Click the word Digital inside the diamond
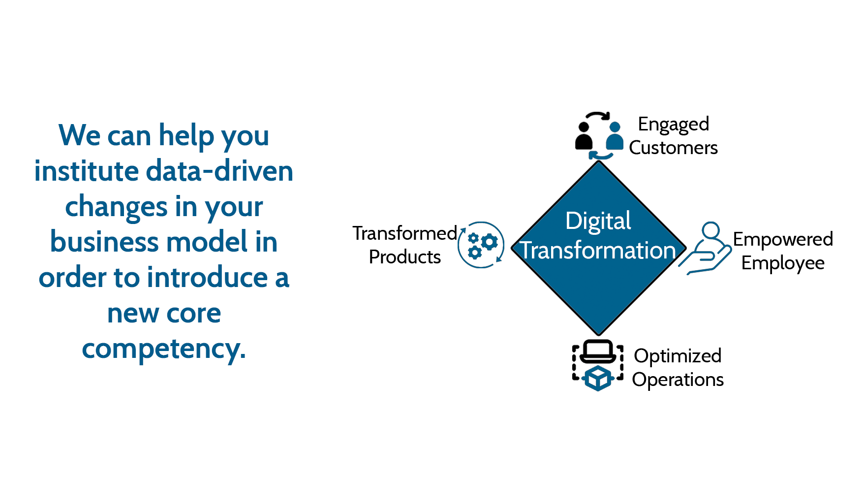598,221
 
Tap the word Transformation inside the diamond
598,251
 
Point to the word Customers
673,148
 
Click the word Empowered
783,240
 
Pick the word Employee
783,263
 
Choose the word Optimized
678,356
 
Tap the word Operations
678,380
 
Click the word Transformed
405,233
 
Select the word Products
405,257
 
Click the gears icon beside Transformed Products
481,245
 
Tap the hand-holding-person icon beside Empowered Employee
706,248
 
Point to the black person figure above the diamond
584,136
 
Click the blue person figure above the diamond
615,136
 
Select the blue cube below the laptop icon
598,378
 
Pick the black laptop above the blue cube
597,351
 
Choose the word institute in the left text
87,171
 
